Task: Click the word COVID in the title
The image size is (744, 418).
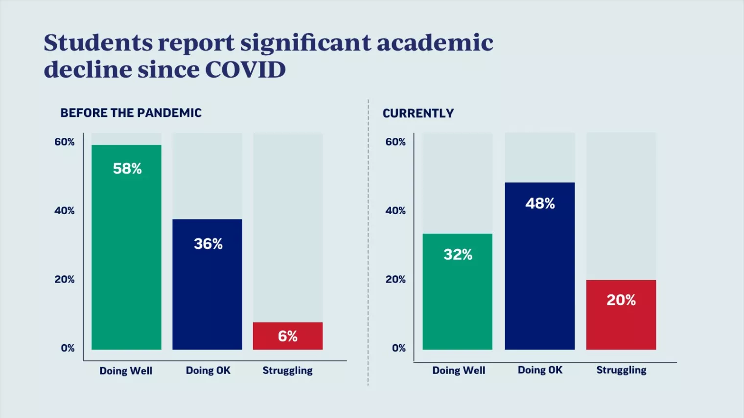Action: (245, 69)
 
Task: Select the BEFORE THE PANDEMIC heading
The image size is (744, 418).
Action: (131, 113)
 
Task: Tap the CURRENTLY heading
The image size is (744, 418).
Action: (418, 113)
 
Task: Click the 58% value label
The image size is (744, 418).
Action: (127, 169)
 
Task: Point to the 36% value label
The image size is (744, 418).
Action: (208, 244)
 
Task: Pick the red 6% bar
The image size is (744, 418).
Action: (288, 336)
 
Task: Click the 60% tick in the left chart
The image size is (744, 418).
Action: (65, 142)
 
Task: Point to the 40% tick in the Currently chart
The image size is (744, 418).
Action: (395, 211)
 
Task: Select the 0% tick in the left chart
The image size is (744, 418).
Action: (68, 348)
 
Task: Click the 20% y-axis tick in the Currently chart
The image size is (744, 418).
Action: (395, 280)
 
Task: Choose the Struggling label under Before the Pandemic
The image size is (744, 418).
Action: (287, 371)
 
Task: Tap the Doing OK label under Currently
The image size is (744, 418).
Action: (540, 370)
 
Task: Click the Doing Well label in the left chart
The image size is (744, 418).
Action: (126, 371)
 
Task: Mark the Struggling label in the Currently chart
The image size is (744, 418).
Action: (621, 370)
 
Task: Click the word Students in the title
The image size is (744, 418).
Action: (97, 43)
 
